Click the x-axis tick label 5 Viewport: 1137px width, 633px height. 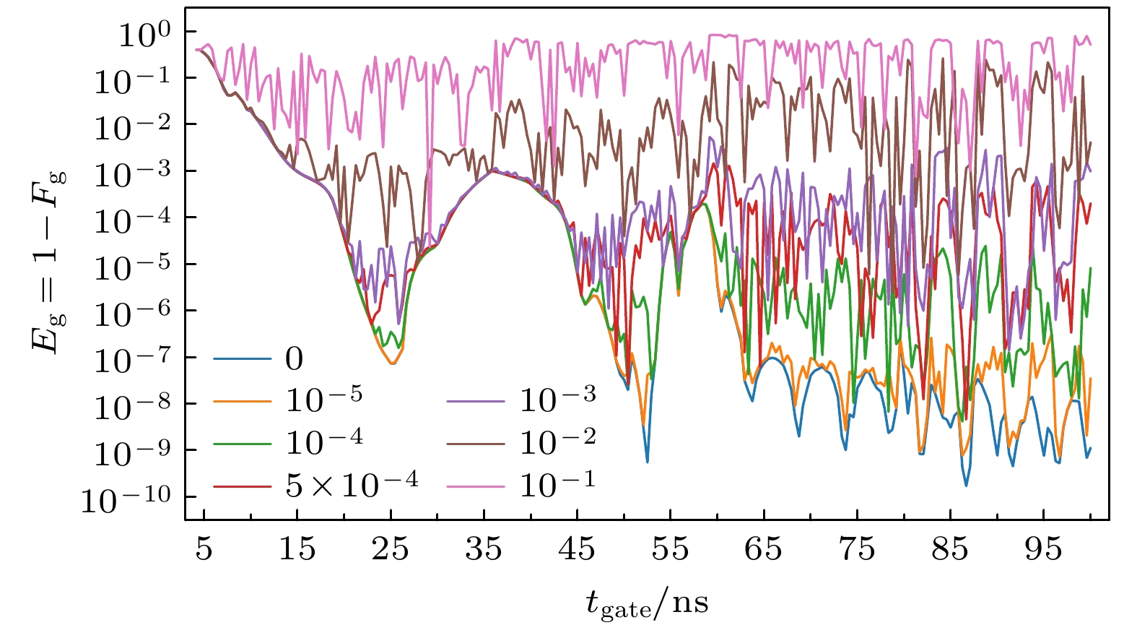coord(204,550)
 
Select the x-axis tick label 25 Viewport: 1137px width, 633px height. coord(391,550)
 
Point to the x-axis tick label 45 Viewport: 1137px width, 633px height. coord(577,550)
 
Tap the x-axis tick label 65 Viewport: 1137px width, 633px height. coord(763,550)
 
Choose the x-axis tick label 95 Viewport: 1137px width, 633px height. coord(1043,550)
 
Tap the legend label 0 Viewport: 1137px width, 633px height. coord(295,359)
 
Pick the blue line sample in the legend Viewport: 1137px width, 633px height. coord(243,359)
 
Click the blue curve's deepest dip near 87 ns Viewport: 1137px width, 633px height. coord(966,486)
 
